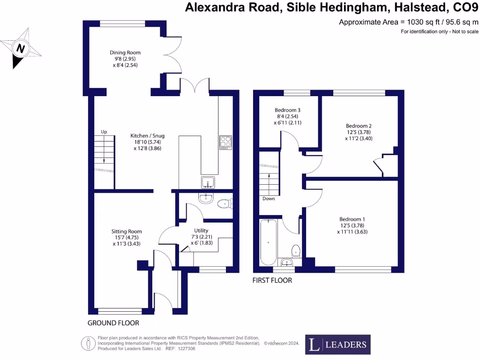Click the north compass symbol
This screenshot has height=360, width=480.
(x=20, y=48)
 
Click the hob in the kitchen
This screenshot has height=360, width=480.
(x=225, y=142)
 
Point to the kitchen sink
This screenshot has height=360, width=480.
(x=208, y=181)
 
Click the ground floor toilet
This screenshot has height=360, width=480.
(x=225, y=203)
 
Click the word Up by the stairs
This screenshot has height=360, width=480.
(x=104, y=132)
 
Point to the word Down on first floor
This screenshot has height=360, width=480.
(x=269, y=198)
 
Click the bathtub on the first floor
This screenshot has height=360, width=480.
(x=269, y=243)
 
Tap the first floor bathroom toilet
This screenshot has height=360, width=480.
(x=296, y=250)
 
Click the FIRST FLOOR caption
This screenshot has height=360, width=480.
(x=272, y=280)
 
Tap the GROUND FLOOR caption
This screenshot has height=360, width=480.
(x=113, y=323)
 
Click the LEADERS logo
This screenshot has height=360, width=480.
(x=337, y=345)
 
